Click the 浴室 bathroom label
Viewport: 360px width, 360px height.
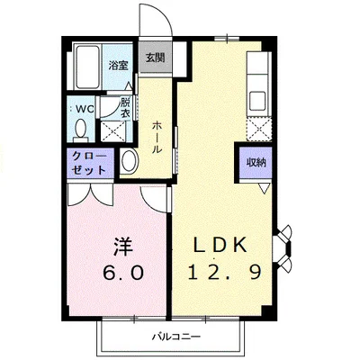coord(118,66)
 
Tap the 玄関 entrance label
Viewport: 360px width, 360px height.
coord(156,57)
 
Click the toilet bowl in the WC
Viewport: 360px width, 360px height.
coord(80,130)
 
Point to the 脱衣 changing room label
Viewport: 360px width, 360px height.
coord(125,108)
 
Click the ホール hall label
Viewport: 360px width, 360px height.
coord(157,138)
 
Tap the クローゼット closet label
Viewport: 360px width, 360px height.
coord(90,164)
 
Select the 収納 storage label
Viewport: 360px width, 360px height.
coord(256,162)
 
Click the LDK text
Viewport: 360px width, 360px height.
coord(220,245)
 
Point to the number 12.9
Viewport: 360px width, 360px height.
coord(224,273)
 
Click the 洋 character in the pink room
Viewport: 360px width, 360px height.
coord(122,246)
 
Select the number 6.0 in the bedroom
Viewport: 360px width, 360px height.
coord(123,273)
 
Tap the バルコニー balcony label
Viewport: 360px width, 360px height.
coord(175,337)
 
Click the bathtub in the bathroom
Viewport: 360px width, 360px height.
coord(87,67)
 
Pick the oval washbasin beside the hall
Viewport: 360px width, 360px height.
coord(130,161)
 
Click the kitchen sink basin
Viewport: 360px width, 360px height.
coord(257,100)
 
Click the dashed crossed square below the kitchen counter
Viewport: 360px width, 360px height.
coord(259,130)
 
